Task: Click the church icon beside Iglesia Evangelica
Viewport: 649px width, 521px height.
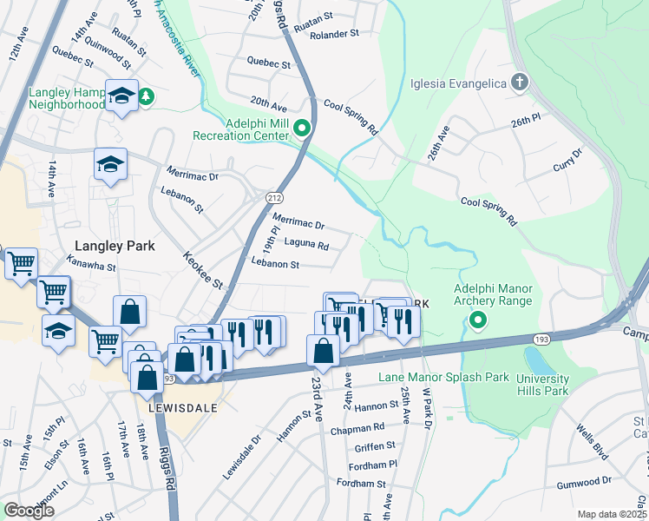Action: coord(519,84)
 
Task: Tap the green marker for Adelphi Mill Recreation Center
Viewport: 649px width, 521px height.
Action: coord(302,129)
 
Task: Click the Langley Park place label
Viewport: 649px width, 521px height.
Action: coord(115,246)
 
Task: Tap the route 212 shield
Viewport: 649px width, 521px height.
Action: coord(274,198)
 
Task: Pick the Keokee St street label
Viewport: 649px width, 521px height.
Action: coord(203,271)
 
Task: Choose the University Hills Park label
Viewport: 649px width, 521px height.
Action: coord(542,385)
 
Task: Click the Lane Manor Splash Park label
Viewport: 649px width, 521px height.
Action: coord(442,378)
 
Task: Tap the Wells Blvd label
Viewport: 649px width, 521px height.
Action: coord(594,439)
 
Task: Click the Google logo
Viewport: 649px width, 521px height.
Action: coord(29,511)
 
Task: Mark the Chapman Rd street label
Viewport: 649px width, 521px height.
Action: coord(356,427)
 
